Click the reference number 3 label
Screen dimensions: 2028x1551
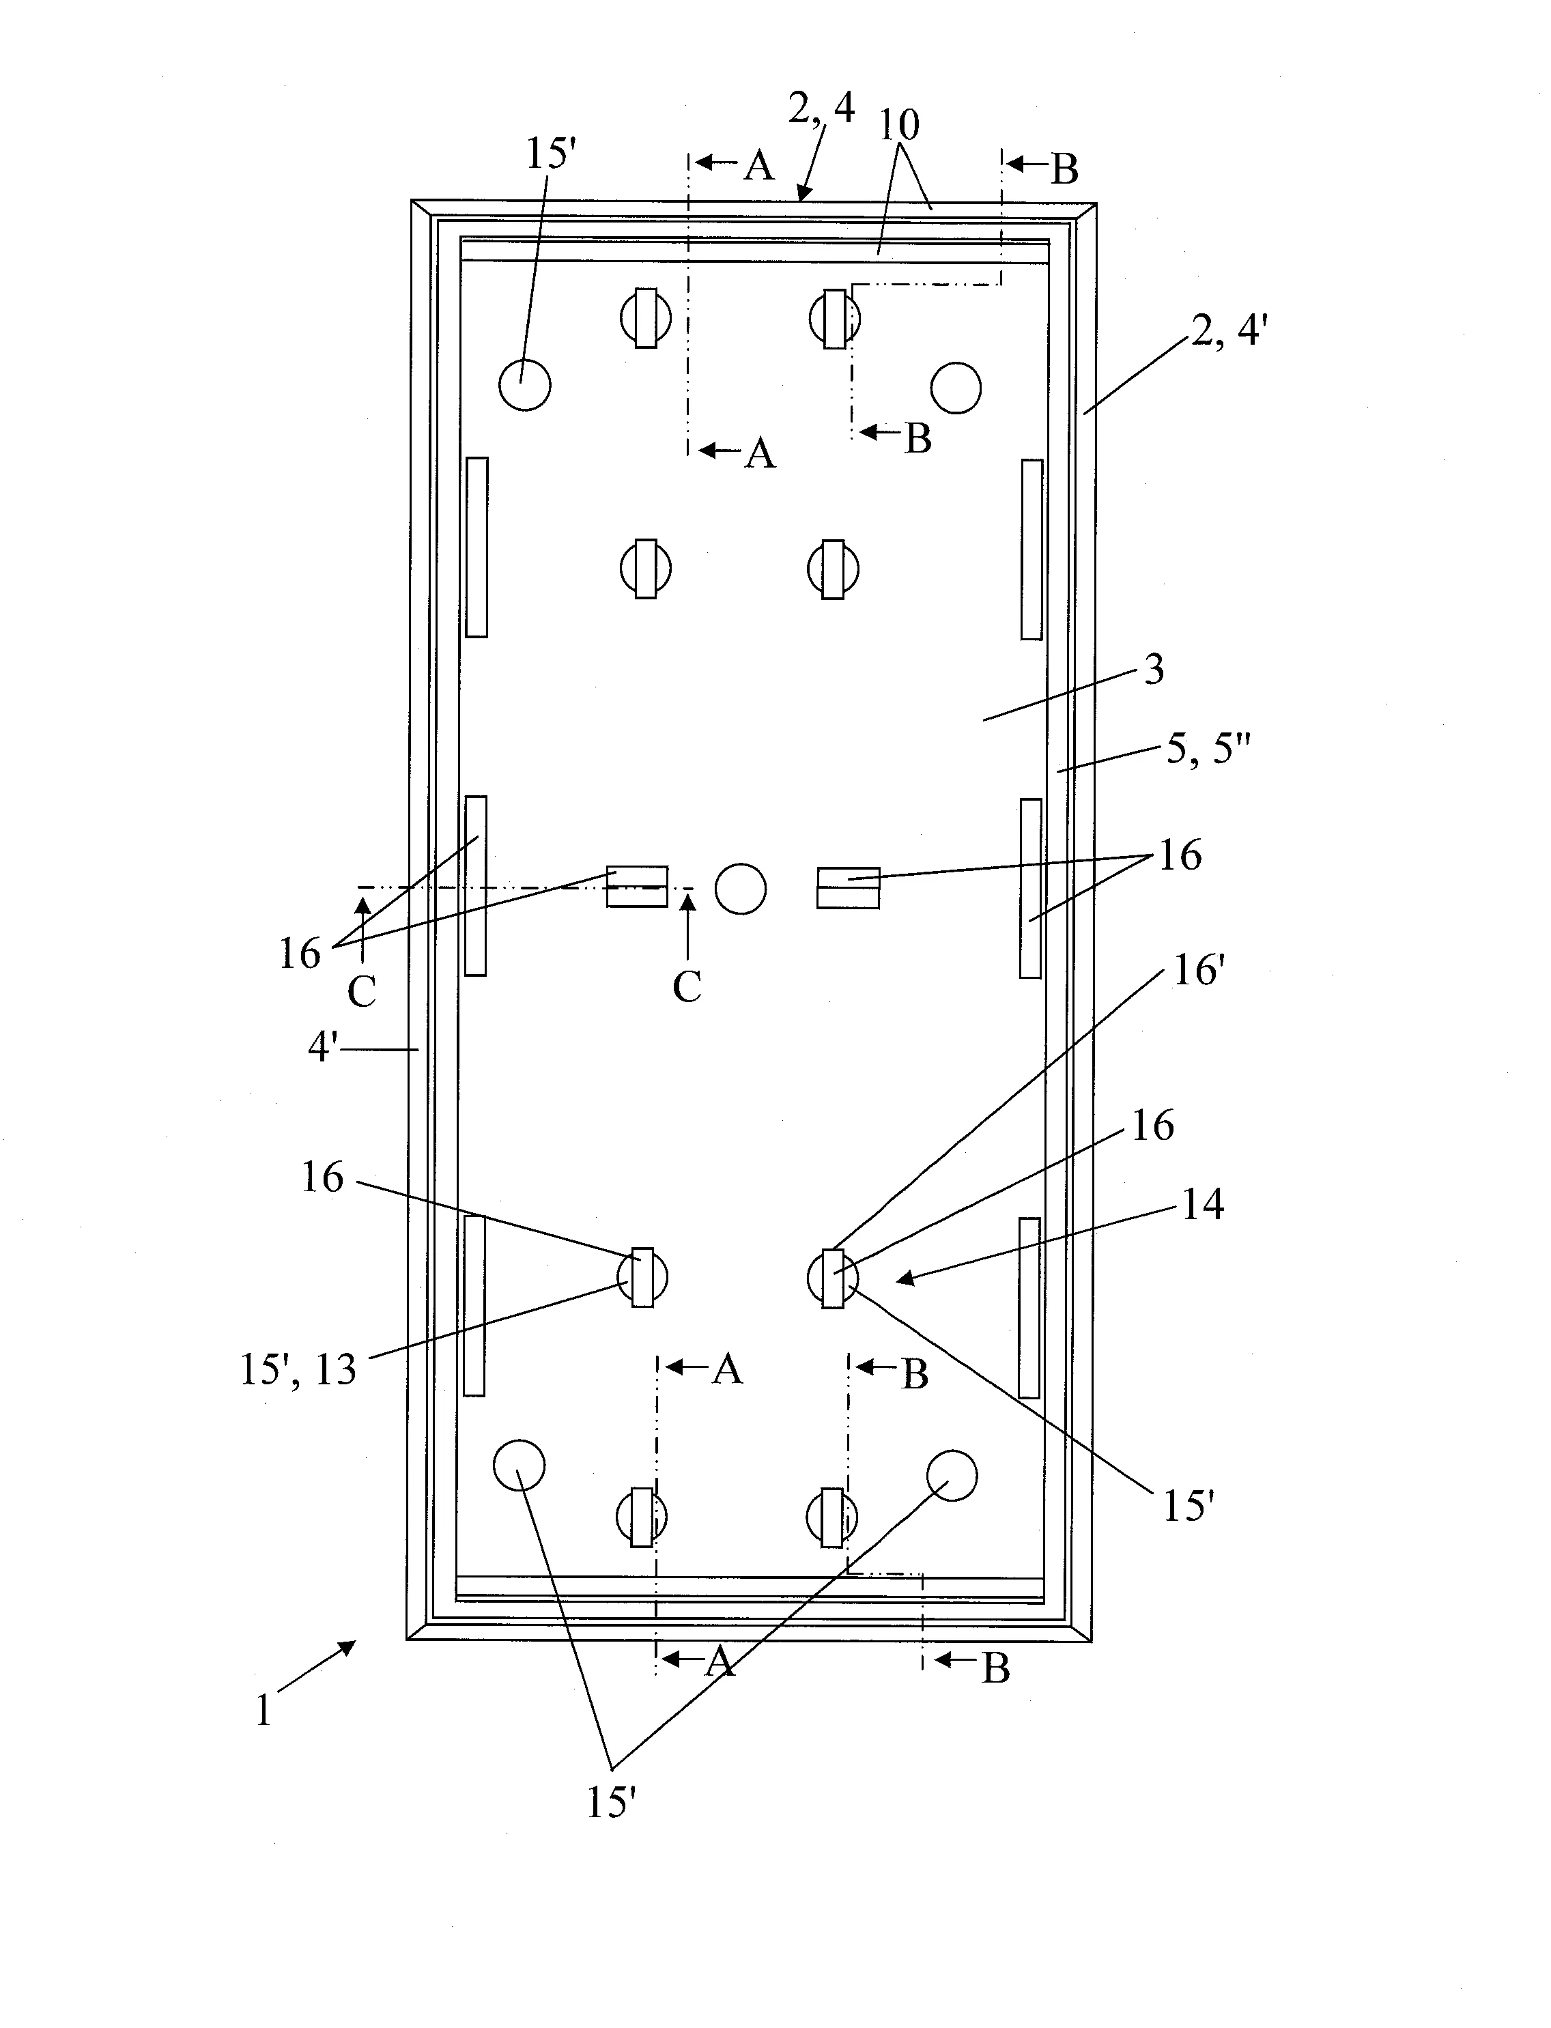pyautogui.click(x=1154, y=670)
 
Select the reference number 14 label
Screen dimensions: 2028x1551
pyautogui.click(x=1203, y=1205)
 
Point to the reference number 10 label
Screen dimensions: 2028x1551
pyautogui.click(x=899, y=126)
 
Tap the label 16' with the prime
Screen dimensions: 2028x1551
pyautogui.click(x=1198, y=971)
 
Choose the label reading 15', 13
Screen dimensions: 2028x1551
pyautogui.click(x=297, y=1371)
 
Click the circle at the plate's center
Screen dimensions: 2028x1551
pyautogui.click(x=741, y=889)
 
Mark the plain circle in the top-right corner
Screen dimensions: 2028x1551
pyautogui.click(x=956, y=388)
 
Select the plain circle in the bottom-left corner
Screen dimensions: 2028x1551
pyautogui.click(x=519, y=1465)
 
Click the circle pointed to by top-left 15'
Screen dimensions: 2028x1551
pyautogui.click(x=524, y=384)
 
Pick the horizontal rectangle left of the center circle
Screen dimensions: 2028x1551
pyautogui.click(x=637, y=886)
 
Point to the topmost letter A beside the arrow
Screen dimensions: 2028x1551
pyautogui.click(x=759, y=166)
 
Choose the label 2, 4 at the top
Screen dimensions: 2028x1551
pyautogui.click(x=821, y=110)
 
